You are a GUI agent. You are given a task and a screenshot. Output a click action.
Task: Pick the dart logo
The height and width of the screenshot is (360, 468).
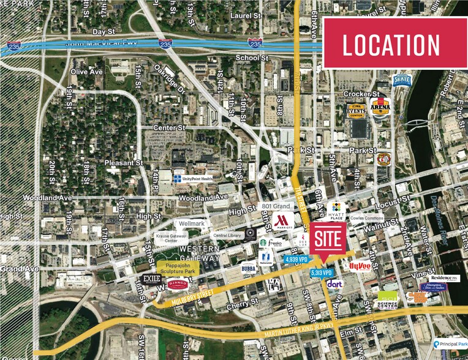coord(334,284)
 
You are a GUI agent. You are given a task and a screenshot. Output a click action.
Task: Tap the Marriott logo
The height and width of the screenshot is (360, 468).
coord(281,221)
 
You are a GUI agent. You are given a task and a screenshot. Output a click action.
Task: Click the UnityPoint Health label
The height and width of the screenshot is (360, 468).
coord(192,178)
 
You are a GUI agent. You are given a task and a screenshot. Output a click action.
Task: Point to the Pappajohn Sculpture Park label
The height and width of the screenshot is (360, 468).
coord(178,268)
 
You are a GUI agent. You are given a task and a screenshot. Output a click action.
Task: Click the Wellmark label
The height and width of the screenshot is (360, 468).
coord(191,223)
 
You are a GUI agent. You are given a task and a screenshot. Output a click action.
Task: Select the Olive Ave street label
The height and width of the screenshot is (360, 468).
coord(86,72)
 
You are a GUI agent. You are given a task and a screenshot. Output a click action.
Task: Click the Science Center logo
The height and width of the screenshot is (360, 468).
coord(387,299)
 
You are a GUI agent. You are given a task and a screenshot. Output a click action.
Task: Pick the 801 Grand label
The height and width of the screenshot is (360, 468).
coord(275,206)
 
